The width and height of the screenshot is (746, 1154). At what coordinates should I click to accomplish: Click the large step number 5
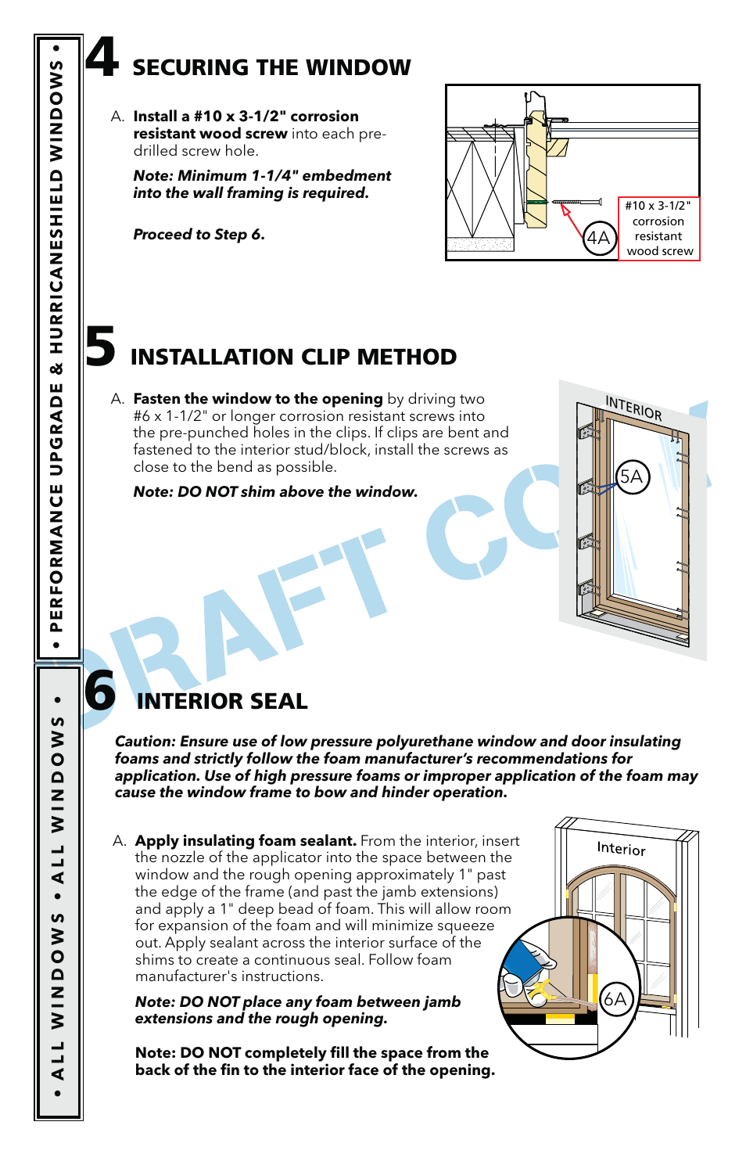click(x=100, y=347)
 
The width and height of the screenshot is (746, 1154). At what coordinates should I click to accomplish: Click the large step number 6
click(x=100, y=691)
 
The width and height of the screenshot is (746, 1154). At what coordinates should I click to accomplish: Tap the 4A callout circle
click(x=599, y=238)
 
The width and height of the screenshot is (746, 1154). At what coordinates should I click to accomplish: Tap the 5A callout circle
click(x=632, y=476)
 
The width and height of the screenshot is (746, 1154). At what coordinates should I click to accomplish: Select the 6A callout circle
click(x=615, y=998)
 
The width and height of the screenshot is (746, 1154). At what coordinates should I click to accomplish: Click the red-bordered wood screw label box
click(x=658, y=228)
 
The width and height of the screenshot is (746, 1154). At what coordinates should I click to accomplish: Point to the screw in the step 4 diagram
click(x=577, y=202)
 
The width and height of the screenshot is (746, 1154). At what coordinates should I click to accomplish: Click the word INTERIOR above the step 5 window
click(x=633, y=408)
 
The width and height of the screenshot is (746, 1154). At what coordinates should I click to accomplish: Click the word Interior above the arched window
click(x=621, y=848)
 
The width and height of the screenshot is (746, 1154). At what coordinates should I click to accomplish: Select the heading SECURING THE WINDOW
click(x=271, y=68)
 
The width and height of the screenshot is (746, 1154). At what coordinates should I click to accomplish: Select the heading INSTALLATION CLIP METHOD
click(x=293, y=358)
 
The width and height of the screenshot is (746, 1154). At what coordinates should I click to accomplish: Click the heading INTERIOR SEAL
click(x=222, y=701)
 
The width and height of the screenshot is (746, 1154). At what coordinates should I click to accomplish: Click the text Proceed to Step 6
click(x=199, y=235)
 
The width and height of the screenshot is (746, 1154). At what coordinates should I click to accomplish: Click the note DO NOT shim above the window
click(x=275, y=492)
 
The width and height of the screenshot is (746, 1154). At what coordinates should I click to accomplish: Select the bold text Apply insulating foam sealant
click(x=246, y=841)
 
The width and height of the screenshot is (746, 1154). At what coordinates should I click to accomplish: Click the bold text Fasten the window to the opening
click(x=258, y=399)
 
